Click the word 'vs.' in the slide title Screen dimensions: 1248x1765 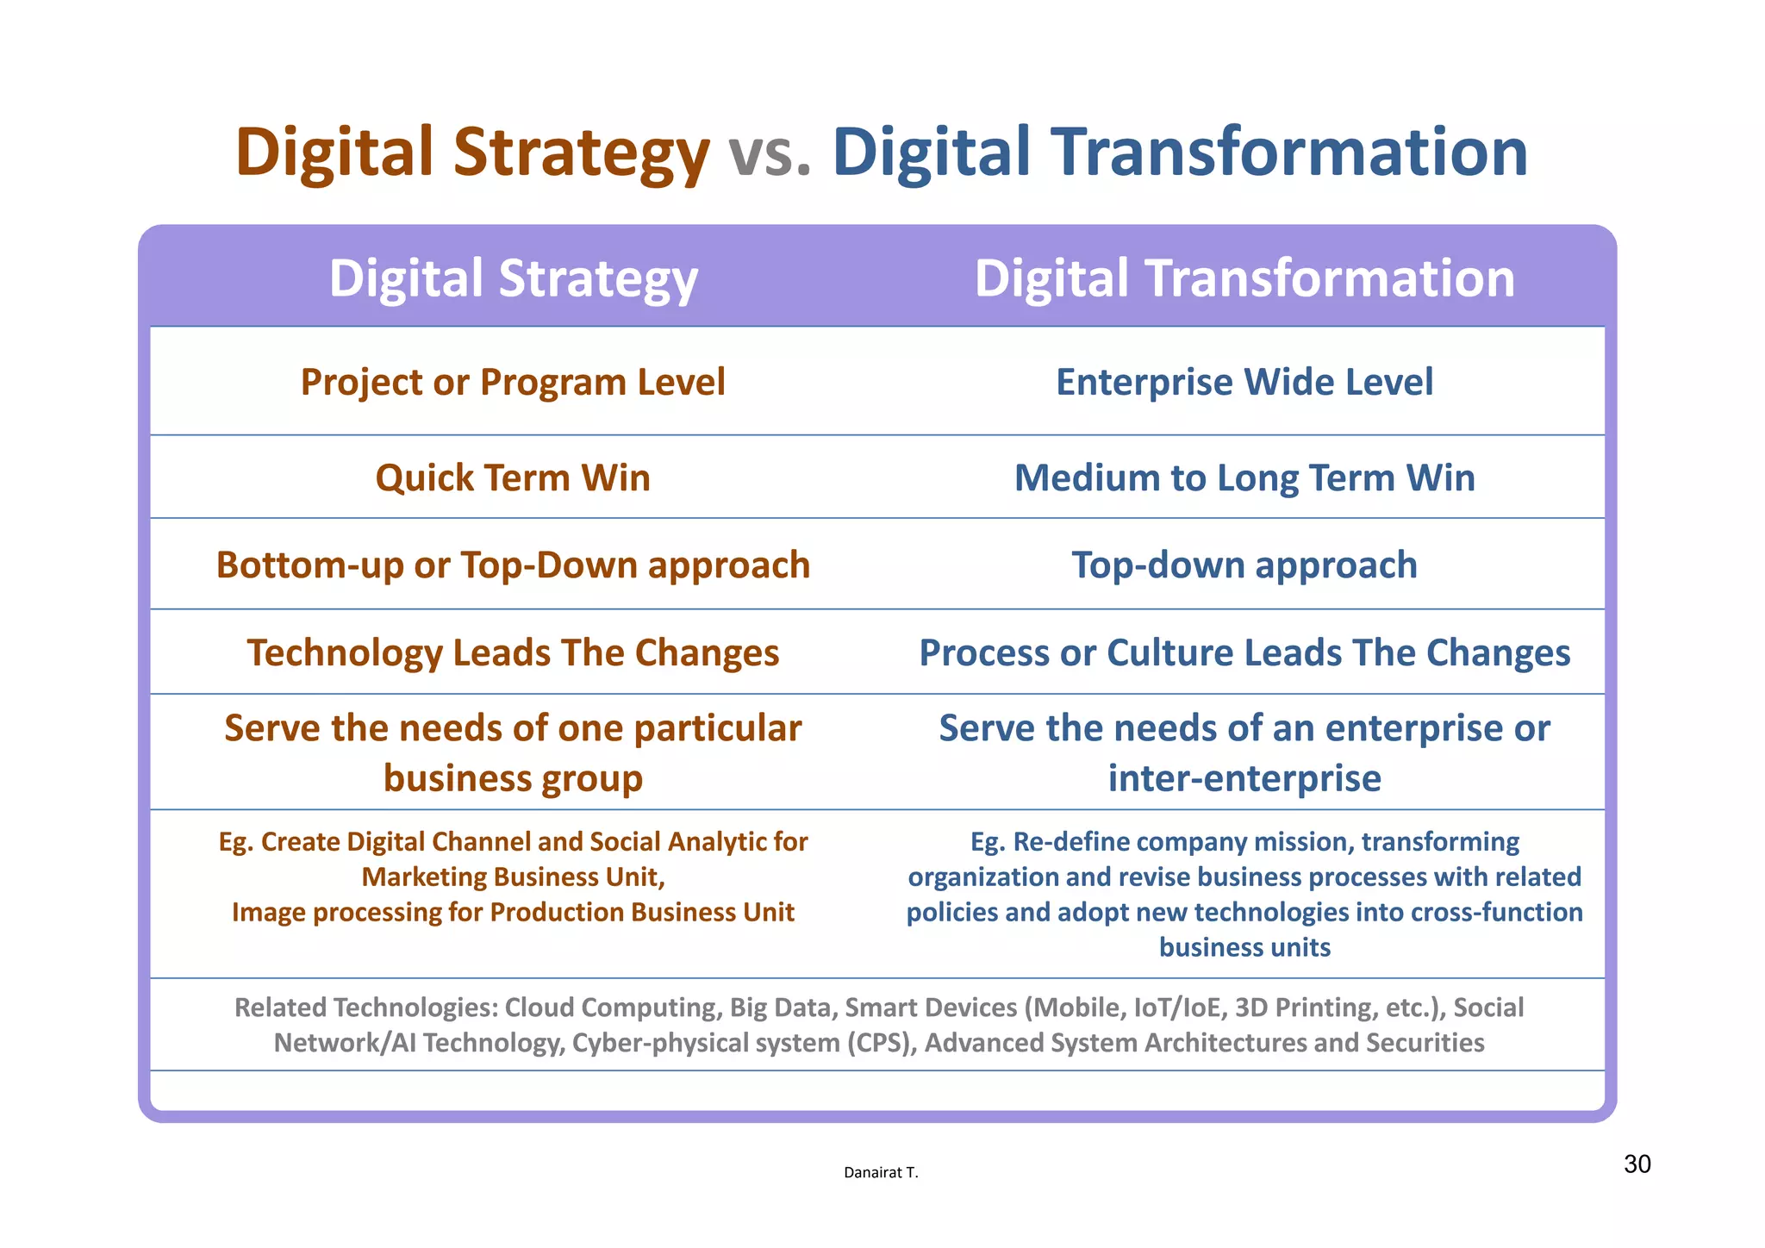tap(770, 153)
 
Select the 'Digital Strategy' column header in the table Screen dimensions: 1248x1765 tap(513, 278)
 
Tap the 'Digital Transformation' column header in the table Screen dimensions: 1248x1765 tap(1244, 278)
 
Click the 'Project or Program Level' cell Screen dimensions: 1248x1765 tap(513, 382)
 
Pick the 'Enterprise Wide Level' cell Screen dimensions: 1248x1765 tap(1244, 382)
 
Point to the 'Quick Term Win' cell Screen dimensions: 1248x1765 tap(513, 477)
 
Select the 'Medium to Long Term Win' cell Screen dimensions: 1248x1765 tap(1244, 477)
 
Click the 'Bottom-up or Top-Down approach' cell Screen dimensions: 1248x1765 tap(513, 565)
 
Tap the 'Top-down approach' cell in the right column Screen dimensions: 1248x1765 tap(1244, 565)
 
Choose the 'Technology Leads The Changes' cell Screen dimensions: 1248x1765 tap(513, 652)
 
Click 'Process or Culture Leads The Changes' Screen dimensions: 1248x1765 tap(1244, 652)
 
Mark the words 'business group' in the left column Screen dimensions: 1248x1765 tap(513, 778)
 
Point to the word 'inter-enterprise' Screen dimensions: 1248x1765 tap(1244, 778)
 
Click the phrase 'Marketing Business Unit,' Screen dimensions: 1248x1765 tap(513, 877)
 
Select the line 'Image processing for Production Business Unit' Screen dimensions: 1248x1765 tap(513, 912)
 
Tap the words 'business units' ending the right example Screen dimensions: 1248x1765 tap(1244, 947)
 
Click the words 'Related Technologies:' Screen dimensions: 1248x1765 tap(365, 1007)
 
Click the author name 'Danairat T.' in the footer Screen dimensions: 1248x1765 tap(880, 1172)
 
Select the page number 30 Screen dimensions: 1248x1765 tap(1637, 1164)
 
